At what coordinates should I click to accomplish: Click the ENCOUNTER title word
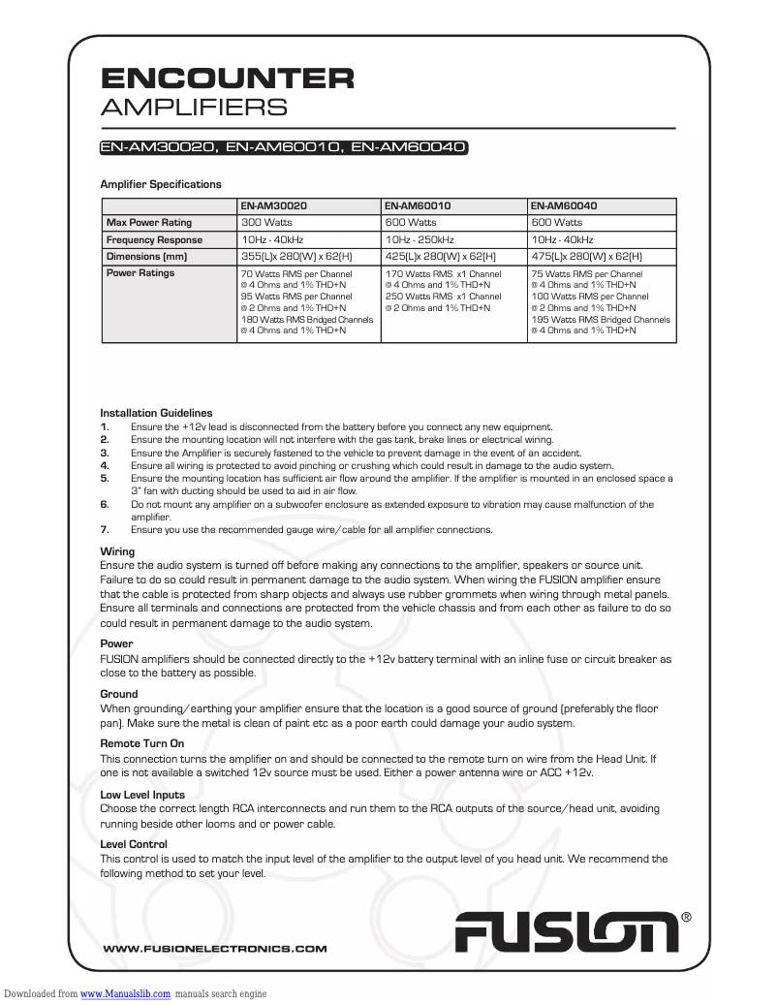point(227,78)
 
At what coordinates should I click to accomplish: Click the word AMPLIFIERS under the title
point(194,107)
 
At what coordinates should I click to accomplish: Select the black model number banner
point(285,148)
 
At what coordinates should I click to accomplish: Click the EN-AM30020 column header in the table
point(274,206)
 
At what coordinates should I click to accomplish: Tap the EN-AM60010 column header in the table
point(418,206)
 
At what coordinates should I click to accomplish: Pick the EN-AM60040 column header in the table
point(564,206)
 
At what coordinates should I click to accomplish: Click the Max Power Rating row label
point(149,223)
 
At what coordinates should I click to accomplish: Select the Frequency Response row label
point(154,239)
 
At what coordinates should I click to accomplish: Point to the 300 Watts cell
point(263,223)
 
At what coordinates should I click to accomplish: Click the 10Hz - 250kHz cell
point(420,239)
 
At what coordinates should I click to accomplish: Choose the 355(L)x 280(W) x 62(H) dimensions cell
point(295,257)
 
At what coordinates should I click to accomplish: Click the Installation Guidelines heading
point(156,413)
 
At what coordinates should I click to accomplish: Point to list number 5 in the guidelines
point(105,478)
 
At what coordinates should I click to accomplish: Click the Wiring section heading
point(117,551)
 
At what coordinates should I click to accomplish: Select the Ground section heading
point(119,694)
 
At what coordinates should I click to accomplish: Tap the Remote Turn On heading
point(141,744)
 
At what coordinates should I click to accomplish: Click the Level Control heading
point(134,845)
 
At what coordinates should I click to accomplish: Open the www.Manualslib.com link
point(125,994)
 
